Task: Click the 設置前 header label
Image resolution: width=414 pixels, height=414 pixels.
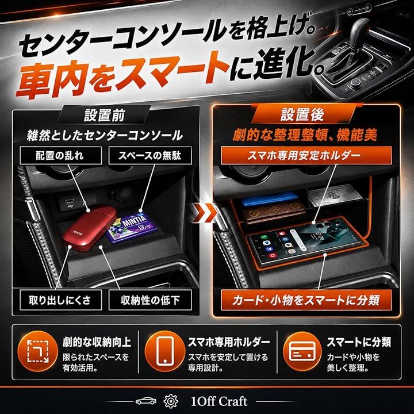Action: (103, 115)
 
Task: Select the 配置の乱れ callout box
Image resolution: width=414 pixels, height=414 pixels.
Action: (61, 155)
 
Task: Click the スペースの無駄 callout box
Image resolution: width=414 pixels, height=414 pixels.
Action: (150, 155)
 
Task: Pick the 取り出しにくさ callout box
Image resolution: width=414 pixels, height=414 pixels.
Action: (61, 300)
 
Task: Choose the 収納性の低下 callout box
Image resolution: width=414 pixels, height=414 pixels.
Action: (150, 300)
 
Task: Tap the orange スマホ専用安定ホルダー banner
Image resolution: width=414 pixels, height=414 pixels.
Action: (306, 155)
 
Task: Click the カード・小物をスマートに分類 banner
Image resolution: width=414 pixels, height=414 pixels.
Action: (306, 300)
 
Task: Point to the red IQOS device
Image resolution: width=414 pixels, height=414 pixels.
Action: (89, 228)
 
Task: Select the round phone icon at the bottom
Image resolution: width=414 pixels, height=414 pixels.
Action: (164, 351)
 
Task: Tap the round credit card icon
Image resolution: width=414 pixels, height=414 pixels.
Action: (302, 351)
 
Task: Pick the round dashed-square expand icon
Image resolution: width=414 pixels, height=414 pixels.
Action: (37, 351)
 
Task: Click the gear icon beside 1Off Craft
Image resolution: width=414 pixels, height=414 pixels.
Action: (171, 401)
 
